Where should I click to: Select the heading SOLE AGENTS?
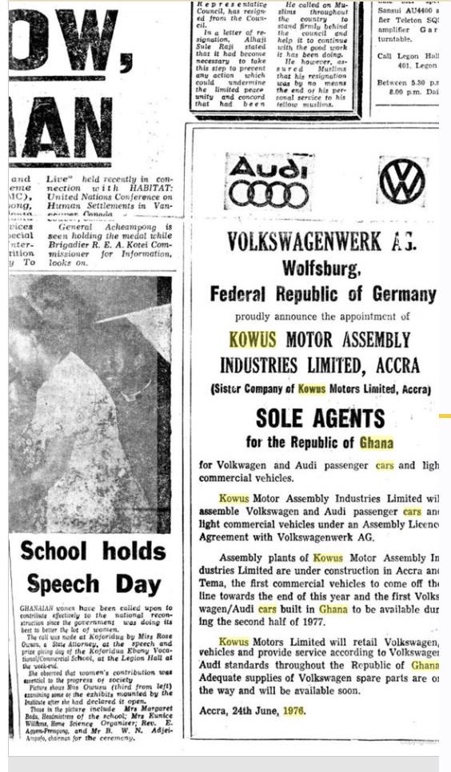(320, 418)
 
